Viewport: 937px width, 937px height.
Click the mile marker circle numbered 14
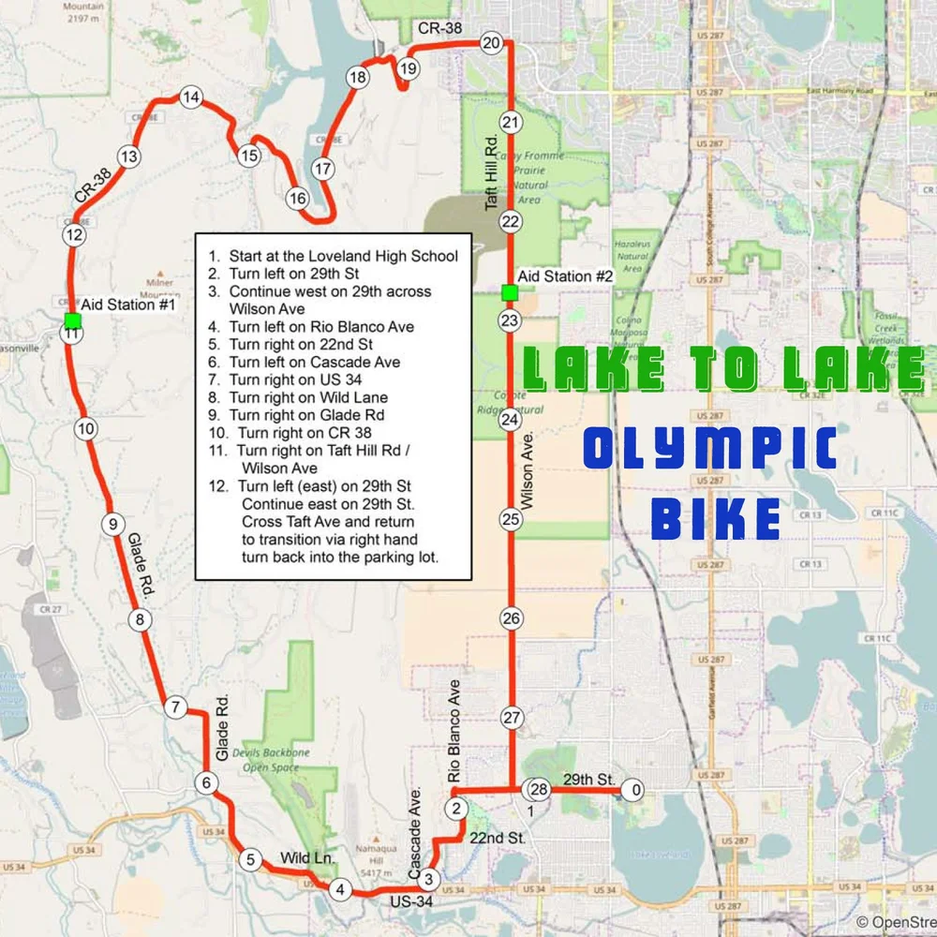[x=191, y=97]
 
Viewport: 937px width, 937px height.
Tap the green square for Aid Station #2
[x=509, y=293]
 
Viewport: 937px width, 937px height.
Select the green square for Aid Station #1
[x=72, y=321]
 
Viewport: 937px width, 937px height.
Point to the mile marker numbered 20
[x=492, y=42]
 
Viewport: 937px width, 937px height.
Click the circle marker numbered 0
[x=636, y=791]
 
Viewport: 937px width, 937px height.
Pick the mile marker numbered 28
[x=538, y=789]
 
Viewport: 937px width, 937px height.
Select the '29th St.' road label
[x=588, y=780]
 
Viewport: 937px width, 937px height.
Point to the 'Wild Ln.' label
[x=307, y=857]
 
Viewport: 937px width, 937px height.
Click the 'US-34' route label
[x=412, y=900]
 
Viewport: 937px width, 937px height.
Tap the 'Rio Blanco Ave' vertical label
[x=455, y=732]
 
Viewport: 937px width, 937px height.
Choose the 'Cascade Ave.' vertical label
[x=414, y=832]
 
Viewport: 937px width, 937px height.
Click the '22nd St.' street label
[x=497, y=838]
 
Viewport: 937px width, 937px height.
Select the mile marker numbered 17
[x=322, y=170]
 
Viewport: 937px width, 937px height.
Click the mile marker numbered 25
[x=511, y=519]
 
